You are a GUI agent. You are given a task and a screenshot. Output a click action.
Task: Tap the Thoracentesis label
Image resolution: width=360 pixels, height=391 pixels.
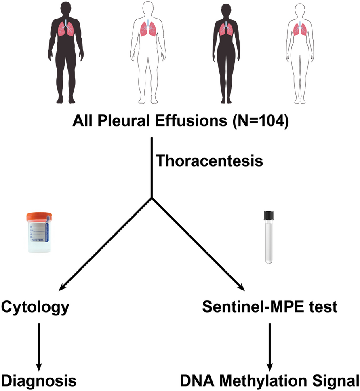click(x=209, y=161)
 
